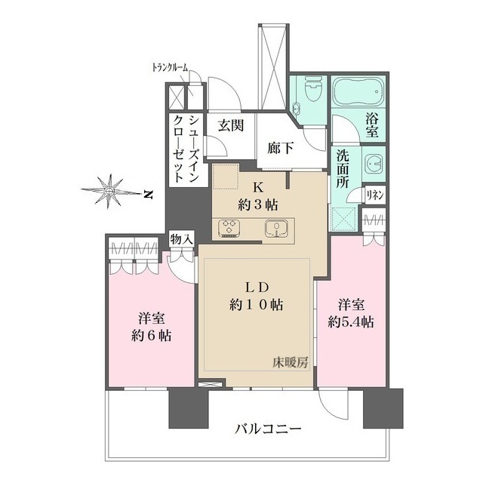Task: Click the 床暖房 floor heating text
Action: click(x=289, y=364)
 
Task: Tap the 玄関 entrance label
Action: click(x=230, y=126)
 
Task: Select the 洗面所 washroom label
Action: click(x=343, y=171)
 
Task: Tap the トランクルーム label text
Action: click(x=171, y=69)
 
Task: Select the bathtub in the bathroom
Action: click(x=358, y=94)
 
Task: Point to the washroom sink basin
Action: click(x=374, y=165)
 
